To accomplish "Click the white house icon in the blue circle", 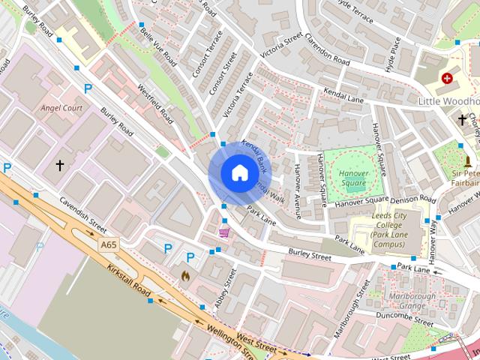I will (239, 172).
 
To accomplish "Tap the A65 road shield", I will (109, 244).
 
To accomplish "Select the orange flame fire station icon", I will (185, 276).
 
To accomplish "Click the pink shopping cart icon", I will (223, 232).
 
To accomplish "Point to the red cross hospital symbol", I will (448, 78).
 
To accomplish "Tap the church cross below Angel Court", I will (60, 164).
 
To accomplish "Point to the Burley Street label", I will (310, 256).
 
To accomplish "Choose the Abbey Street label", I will (225, 286).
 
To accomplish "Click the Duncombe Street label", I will (406, 320).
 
